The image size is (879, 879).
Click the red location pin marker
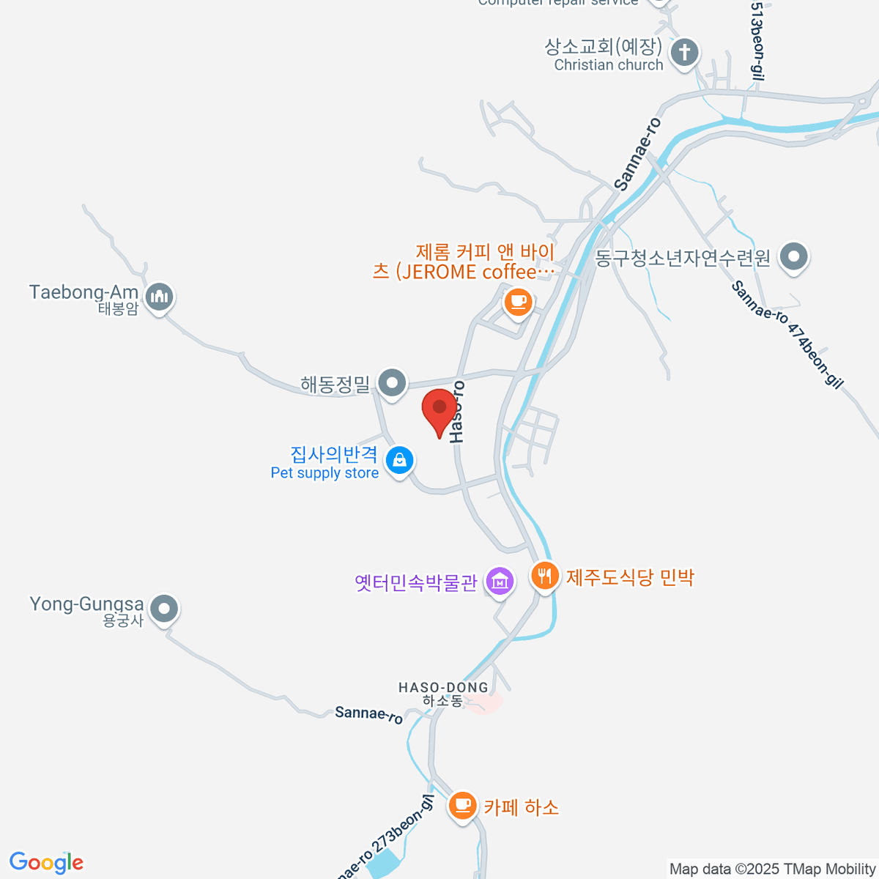pyautogui.click(x=439, y=409)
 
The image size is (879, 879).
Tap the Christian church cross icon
pyautogui.click(x=685, y=53)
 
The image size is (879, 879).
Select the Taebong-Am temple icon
pyautogui.click(x=159, y=297)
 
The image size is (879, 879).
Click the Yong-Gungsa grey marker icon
pyautogui.click(x=164, y=609)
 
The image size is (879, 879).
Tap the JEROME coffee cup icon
pyautogui.click(x=518, y=300)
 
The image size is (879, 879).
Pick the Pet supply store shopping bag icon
pyautogui.click(x=399, y=460)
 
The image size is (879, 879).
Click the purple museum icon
pyautogui.click(x=500, y=582)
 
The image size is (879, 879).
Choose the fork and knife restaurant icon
pyautogui.click(x=544, y=576)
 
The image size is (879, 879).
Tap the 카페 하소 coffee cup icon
pyautogui.click(x=462, y=805)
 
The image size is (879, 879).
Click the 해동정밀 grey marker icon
pyautogui.click(x=393, y=382)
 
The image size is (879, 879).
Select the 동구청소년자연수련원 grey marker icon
pyautogui.click(x=794, y=256)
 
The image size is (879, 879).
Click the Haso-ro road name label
pyautogui.click(x=456, y=412)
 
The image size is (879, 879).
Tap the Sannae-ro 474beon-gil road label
pyautogui.click(x=787, y=334)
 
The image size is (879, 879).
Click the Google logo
pyautogui.click(x=46, y=863)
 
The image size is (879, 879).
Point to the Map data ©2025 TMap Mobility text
pyautogui.click(x=772, y=869)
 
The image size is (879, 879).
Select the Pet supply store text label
pyautogui.click(x=324, y=473)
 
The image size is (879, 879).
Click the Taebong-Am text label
pyautogui.click(x=84, y=292)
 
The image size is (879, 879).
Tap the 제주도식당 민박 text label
pyautogui.click(x=630, y=577)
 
